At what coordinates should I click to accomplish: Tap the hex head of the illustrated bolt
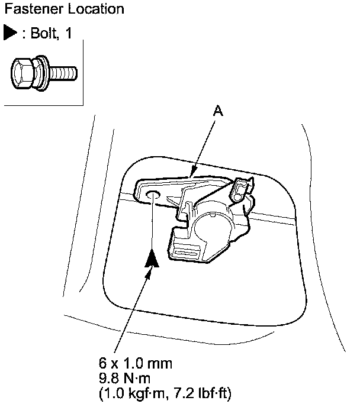pyautogui.click(x=22, y=73)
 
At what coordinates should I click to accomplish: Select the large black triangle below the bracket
pyautogui.click(x=153, y=259)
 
